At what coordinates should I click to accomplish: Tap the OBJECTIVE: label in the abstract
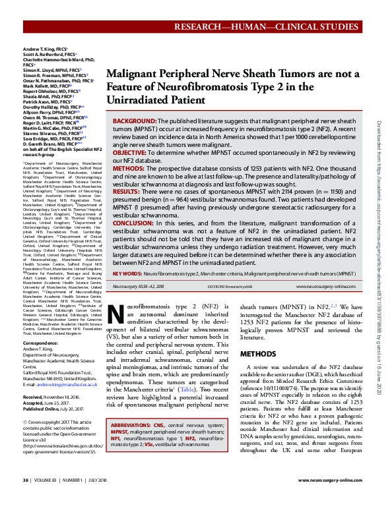coord(133,152)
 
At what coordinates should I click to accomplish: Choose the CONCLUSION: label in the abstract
coord(135,223)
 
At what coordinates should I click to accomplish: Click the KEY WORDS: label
coord(127,272)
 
